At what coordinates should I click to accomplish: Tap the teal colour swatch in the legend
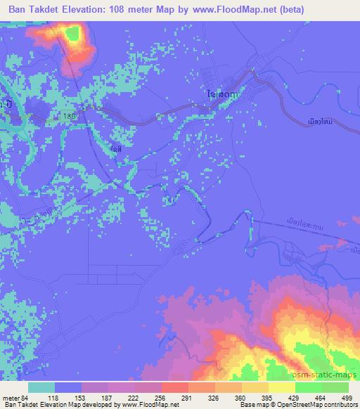point(41,387)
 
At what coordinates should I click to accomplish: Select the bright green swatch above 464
point(309,387)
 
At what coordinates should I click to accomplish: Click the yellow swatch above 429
point(283,387)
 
